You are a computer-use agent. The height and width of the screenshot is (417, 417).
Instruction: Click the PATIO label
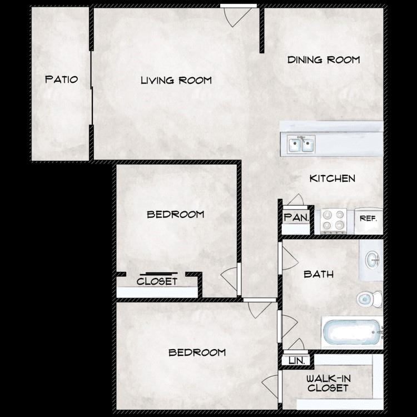(x=61, y=80)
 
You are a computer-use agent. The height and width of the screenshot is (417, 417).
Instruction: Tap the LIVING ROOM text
(x=176, y=80)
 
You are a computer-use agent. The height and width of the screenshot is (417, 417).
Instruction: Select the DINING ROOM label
(x=324, y=59)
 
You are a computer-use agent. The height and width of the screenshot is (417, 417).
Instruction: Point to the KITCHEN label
(x=332, y=178)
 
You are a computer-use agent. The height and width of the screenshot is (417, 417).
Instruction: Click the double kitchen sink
(x=301, y=145)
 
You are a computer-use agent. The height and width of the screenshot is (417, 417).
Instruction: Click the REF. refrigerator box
(x=368, y=219)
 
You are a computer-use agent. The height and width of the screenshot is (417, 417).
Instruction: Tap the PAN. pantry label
(x=296, y=217)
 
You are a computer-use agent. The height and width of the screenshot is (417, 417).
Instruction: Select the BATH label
(x=319, y=274)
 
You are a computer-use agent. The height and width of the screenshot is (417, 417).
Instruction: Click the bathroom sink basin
(x=371, y=259)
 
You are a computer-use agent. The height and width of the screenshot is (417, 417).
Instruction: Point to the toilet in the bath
(x=368, y=299)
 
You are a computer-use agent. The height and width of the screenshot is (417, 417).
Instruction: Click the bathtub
(x=352, y=332)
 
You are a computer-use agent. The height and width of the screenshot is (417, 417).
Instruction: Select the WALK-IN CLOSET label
(x=328, y=383)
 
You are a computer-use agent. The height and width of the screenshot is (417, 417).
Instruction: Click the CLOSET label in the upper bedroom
(x=157, y=281)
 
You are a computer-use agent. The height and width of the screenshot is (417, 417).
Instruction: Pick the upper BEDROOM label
(x=175, y=214)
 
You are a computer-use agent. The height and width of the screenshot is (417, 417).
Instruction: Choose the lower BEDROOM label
(x=197, y=352)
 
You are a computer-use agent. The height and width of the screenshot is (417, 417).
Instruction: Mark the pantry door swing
(x=295, y=200)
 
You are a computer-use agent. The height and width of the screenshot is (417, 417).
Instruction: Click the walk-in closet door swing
(x=272, y=386)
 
